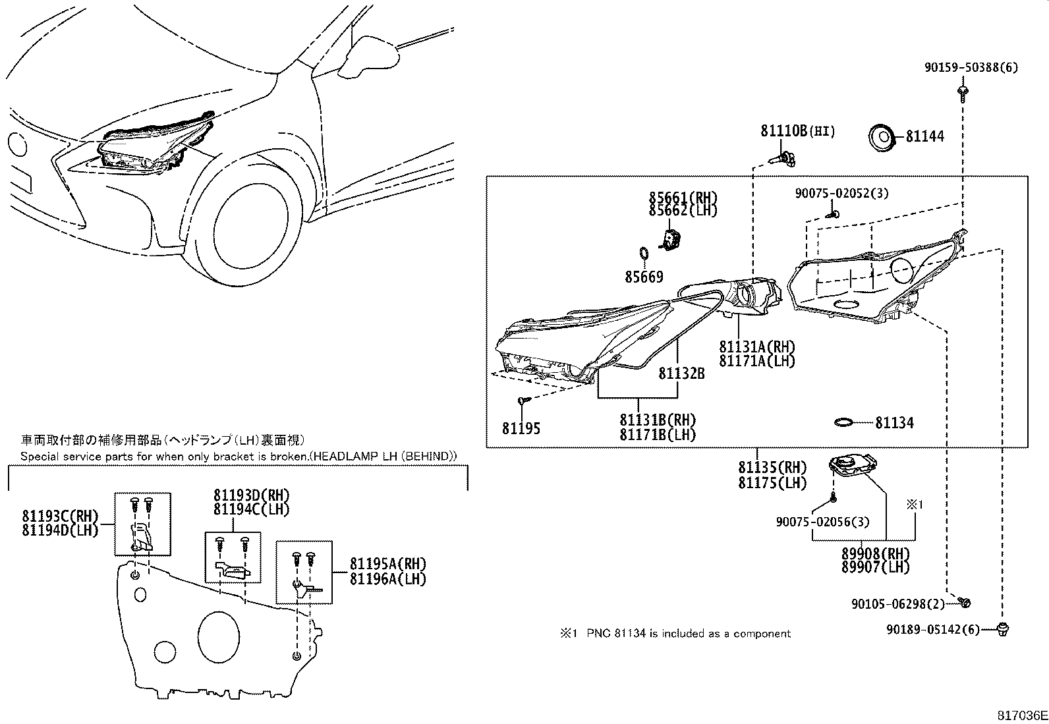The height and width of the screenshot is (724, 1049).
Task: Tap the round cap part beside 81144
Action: (x=881, y=138)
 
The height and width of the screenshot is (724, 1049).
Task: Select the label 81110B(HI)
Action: (x=797, y=131)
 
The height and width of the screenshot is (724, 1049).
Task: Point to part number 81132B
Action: (x=681, y=374)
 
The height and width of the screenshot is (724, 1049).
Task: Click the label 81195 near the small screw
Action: (x=521, y=428)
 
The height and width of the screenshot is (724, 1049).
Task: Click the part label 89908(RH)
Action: (x=874, y=554)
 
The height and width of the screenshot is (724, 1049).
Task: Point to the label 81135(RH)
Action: (x=772, y=467)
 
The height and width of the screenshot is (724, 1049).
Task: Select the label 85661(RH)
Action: (x=683, y=198)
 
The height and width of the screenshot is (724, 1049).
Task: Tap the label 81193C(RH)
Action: (x=60, y=516)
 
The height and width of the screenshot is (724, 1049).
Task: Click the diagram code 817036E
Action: (x=1021, y=715)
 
